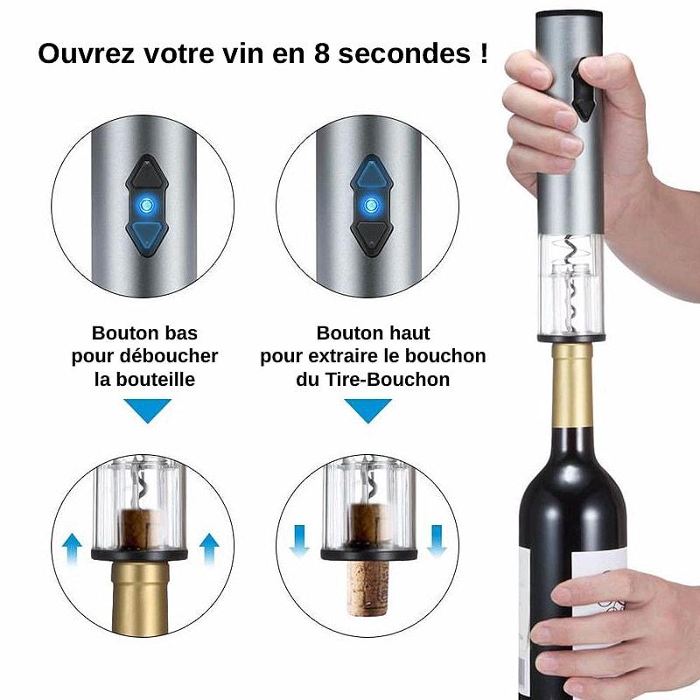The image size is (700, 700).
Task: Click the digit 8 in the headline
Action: tap(322, 53)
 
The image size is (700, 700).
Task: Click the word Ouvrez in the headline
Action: tap(86, 53)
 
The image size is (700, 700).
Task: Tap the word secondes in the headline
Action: tap(404, 53)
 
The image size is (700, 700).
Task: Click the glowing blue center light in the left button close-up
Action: tap(146, 206)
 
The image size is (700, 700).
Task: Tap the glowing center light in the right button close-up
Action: tap(371, 206)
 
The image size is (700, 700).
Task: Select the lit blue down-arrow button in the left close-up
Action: tap(146, 236)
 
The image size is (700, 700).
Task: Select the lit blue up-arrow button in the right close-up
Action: tap(371, 174)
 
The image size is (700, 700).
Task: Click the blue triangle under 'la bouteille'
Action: tap(147, 409)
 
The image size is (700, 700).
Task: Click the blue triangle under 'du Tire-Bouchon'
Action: tap(367, 409)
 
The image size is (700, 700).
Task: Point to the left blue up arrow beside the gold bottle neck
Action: tap(72, 549)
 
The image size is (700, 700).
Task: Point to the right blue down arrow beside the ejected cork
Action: tap(437, 541)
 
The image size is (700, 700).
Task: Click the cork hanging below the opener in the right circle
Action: tap(367, 587)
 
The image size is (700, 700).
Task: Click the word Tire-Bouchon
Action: tap(387, 380)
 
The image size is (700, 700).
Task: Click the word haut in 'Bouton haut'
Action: tap(409, 333)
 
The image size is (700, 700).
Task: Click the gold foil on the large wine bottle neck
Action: tap(572, 385)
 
